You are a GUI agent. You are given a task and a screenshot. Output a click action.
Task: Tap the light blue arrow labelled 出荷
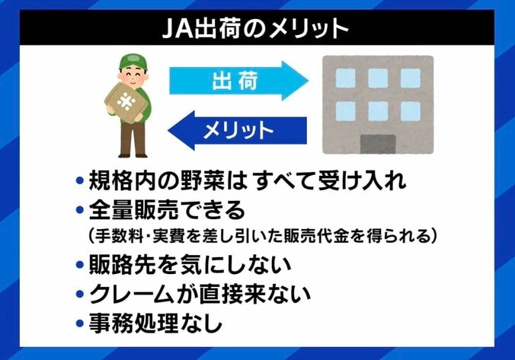pos(236,80)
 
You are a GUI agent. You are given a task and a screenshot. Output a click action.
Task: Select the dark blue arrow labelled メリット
pos(237,129)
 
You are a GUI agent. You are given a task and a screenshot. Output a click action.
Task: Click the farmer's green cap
pos(133,60)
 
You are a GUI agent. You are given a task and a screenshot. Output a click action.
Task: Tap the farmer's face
pos(133,74)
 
